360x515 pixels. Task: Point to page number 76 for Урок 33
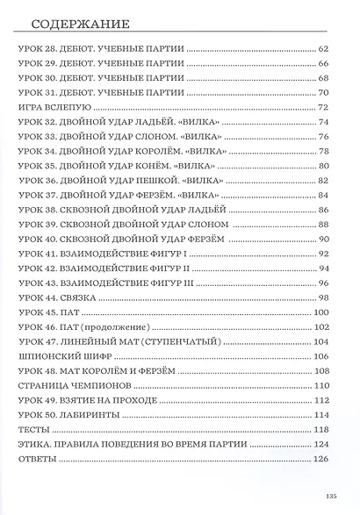pyautogui.click(x=322, y=137)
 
